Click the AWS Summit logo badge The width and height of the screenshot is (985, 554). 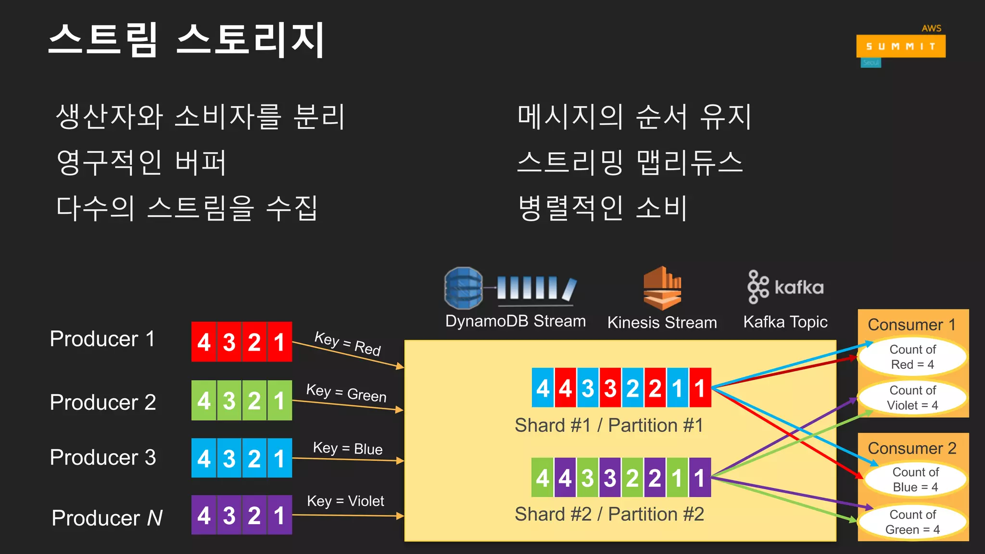[x=900, y=46]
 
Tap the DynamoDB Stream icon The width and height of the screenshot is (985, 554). [x=510, y=288]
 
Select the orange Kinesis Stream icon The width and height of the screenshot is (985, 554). [x=662, y=288]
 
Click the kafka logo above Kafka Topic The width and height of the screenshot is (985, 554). [x=785, y=287]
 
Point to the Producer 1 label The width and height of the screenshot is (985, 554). [x=102, y=339]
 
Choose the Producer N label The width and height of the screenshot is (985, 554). [x=107, y=518]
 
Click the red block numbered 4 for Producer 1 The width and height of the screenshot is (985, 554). [x=204, y=342]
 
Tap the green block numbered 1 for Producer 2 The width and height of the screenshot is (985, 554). [x=279, y=401]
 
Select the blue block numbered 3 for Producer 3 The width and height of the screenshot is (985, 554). [x=229, y=458]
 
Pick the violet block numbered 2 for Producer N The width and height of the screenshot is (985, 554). [x=254, y=515]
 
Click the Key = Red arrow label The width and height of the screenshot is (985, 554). [x=347, y=343]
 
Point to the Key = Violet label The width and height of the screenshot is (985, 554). [x=345, y=501]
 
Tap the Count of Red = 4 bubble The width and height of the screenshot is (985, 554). [x=912, y=357]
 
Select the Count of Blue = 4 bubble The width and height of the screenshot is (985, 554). [x=915, y=479]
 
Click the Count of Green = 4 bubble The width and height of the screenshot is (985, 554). [x=912, y=522]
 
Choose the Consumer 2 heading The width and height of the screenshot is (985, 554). [x=912, y=448]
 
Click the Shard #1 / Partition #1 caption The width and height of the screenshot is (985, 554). [x=609, y=426]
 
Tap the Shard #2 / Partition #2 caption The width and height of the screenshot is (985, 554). [x=609, y=514]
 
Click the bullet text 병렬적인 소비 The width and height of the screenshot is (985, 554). [x=603, y=208]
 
